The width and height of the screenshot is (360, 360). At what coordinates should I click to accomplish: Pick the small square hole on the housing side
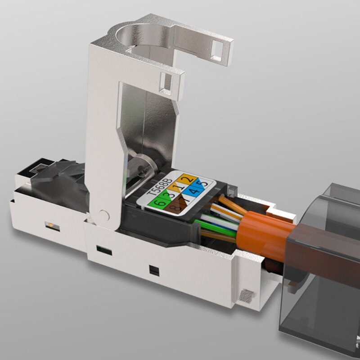point(154,271)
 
